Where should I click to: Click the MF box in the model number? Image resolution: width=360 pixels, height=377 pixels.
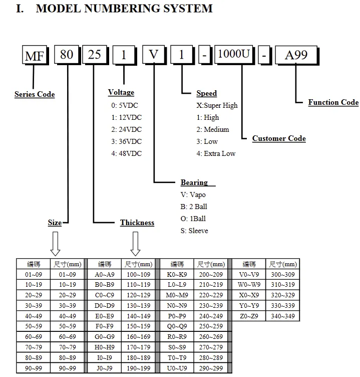coord(35,55)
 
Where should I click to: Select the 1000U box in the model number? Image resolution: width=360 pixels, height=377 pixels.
coord(234,54)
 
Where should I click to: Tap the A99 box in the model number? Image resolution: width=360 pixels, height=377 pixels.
coord(296,55)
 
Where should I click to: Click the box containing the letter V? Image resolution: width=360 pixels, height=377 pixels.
coord(153,54)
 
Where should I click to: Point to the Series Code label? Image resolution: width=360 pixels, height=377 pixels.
coord(35,94)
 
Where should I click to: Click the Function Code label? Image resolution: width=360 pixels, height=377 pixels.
coord(333,102)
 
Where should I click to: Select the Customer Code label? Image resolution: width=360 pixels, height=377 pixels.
coord(279,138)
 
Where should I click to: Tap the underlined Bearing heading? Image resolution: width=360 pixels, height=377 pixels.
coord(194,182)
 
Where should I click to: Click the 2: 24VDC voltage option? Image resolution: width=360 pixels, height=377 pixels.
coord(126,129)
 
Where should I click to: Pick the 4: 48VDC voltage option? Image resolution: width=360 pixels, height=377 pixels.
coord(126,153)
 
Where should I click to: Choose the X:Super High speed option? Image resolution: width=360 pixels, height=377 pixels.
coord(217,105)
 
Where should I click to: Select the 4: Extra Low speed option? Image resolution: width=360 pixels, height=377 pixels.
coord(216,153)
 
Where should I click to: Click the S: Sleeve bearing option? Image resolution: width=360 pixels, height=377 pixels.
coord(194,231)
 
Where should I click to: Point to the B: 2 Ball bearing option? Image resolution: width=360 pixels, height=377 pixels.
coord(194,207)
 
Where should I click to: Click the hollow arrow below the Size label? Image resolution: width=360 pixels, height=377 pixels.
coord(55,244)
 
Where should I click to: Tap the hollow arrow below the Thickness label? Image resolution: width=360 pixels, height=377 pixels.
coord(136,244)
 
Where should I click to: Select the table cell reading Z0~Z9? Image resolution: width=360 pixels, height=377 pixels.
coord(249,316)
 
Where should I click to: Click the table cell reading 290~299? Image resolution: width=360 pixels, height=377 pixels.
coord(211,368)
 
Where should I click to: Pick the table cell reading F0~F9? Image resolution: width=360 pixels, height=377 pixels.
coord(105,326)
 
